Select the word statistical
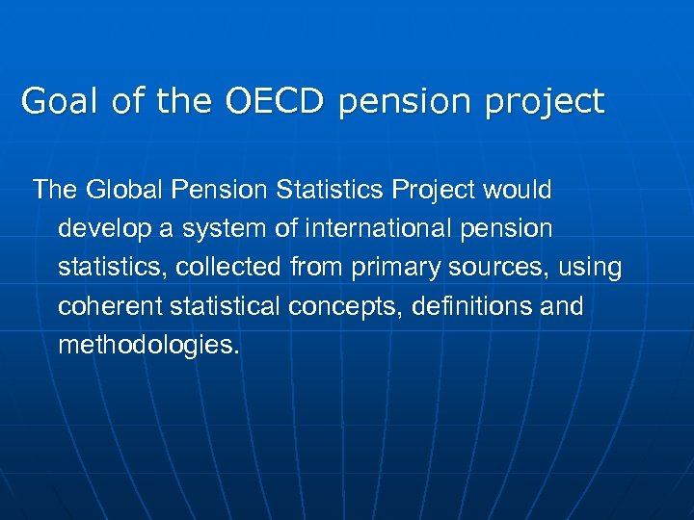click(235, 306)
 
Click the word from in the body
click(325, 268)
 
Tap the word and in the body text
click(563, 306)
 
